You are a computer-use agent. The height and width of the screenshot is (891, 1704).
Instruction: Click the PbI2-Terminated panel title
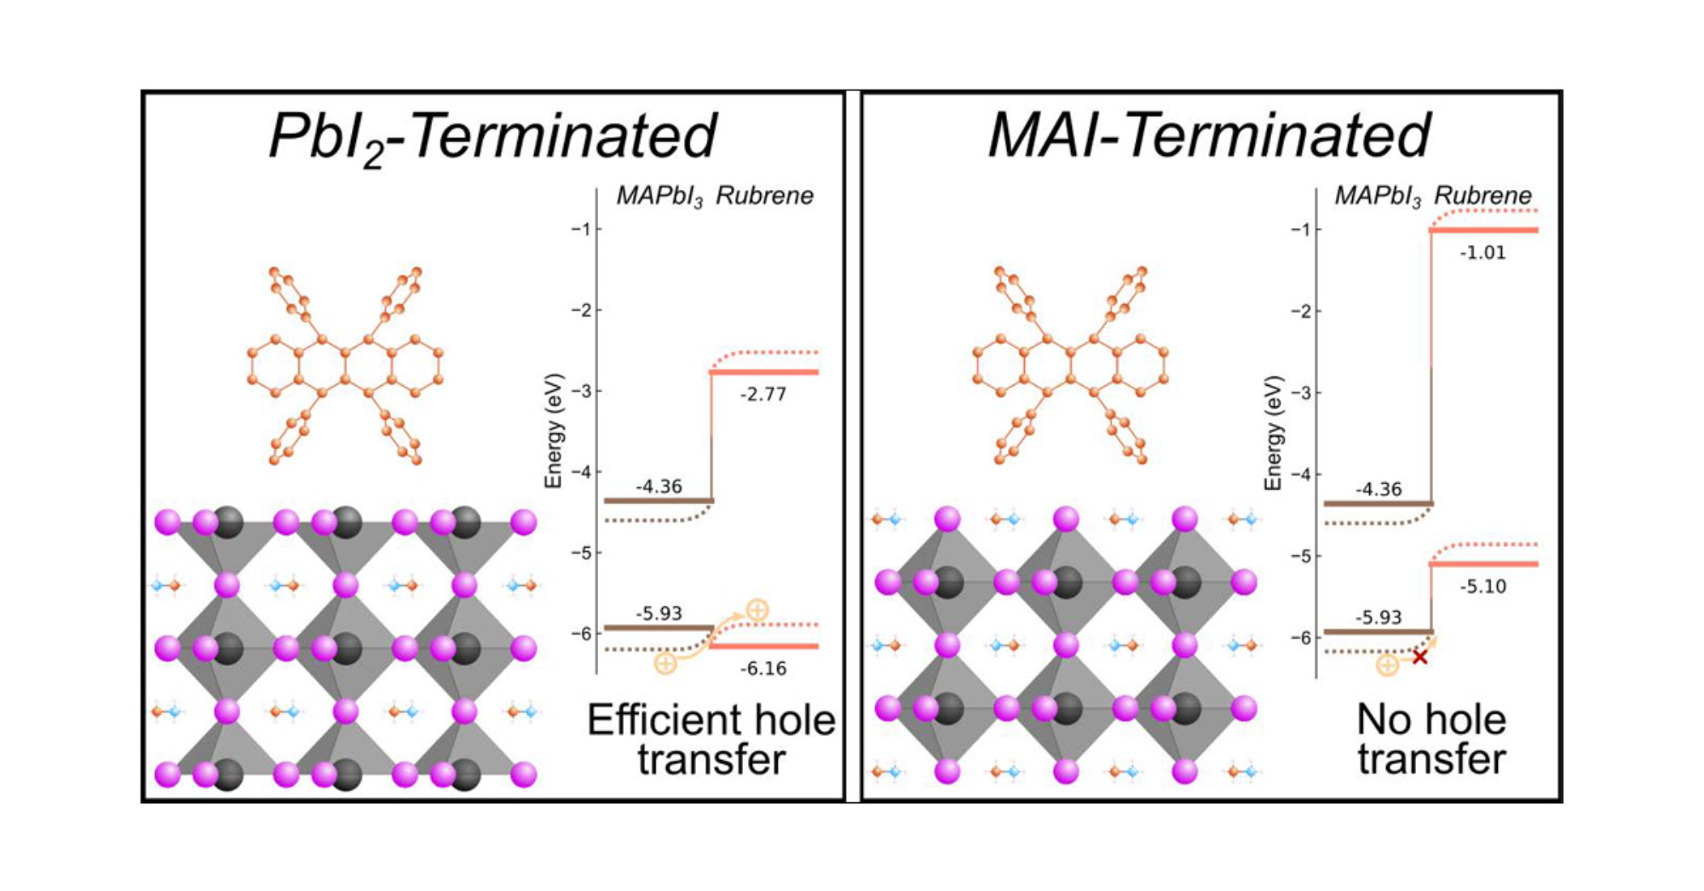pos(492,136)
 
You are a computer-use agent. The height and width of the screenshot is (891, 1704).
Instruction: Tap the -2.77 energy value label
pos(763,394)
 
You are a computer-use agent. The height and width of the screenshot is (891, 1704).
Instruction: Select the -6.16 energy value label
pos(763,669)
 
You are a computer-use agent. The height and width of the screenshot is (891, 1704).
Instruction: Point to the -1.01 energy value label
pos(1482,253)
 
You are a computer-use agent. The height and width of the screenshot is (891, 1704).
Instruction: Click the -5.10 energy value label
pos(1482,587)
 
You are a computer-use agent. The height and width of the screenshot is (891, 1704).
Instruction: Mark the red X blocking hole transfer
pos(1419,657)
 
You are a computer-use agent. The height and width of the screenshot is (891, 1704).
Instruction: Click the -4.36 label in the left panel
pos(659,486)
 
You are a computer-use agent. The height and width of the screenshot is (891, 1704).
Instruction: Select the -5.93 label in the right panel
pos(1378,618)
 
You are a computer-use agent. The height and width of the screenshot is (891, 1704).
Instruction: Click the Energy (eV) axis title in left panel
pos(554,430)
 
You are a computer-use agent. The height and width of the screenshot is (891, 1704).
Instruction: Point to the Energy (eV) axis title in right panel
pos(1273,432)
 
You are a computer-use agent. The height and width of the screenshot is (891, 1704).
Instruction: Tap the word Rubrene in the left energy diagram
pos(764,196)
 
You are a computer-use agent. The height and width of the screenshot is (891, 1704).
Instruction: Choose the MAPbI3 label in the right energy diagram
pos(1377,196)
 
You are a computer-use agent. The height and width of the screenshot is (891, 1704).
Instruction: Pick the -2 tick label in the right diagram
pos(1300,311)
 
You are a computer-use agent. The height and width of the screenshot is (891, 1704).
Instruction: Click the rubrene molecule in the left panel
pos(345,366)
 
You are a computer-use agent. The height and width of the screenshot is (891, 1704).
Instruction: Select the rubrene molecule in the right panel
pos(1069,366)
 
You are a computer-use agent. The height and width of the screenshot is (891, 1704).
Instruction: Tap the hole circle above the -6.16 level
pos(757,610)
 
